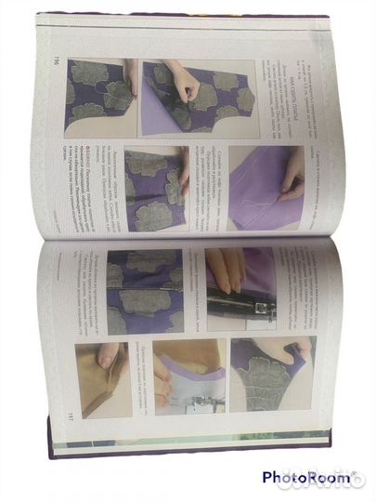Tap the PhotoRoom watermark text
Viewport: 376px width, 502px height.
coord(306,477)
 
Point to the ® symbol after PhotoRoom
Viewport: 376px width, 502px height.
coord(353,475)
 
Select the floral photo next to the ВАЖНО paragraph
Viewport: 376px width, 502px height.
coord(155,189)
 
